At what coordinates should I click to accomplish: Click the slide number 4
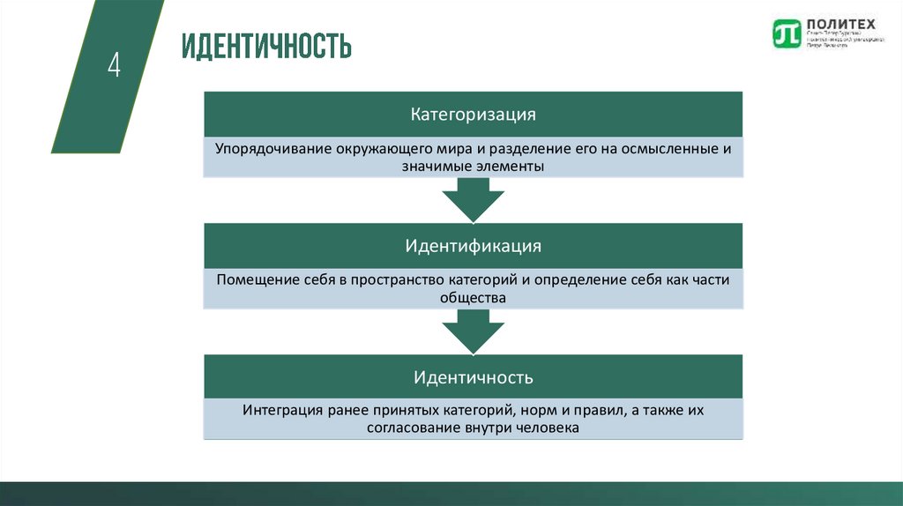114,65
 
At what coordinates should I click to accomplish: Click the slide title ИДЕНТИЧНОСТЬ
266,46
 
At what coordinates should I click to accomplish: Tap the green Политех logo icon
786,33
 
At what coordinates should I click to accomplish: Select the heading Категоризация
473,115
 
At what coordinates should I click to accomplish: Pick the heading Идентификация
473,246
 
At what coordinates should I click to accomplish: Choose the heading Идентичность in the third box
473,377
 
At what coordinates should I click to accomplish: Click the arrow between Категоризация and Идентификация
473,199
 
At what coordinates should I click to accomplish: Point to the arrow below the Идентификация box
473,331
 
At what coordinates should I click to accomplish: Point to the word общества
473,298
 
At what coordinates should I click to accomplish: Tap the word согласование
409,428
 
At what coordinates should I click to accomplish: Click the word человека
546,428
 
